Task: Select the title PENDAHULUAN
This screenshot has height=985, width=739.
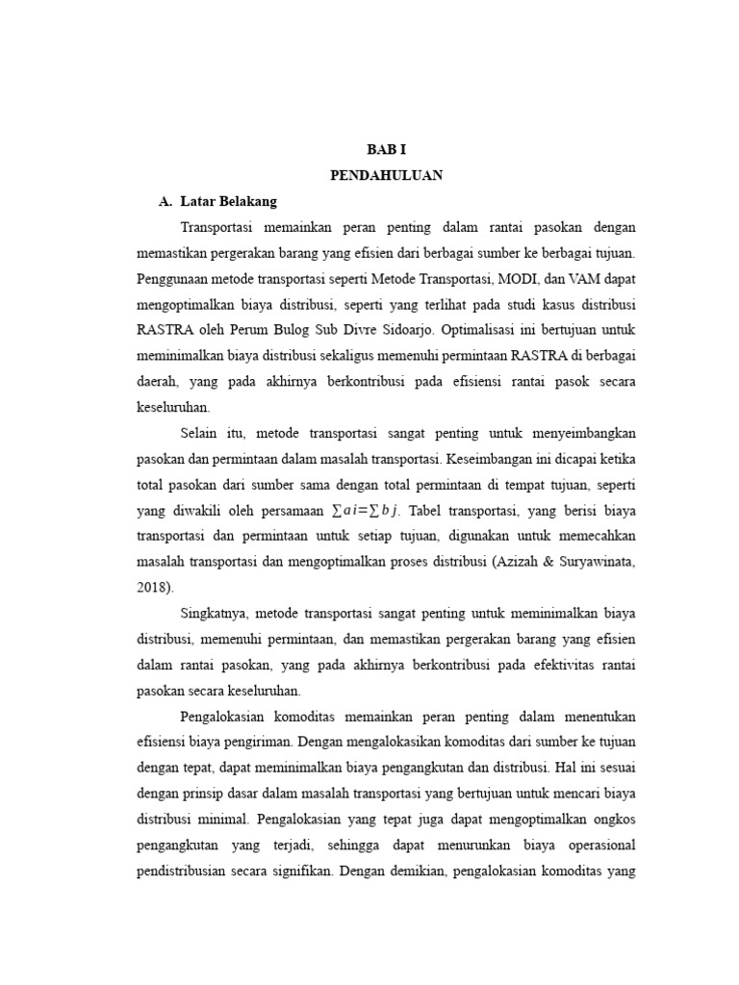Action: click(x=386, y=176)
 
